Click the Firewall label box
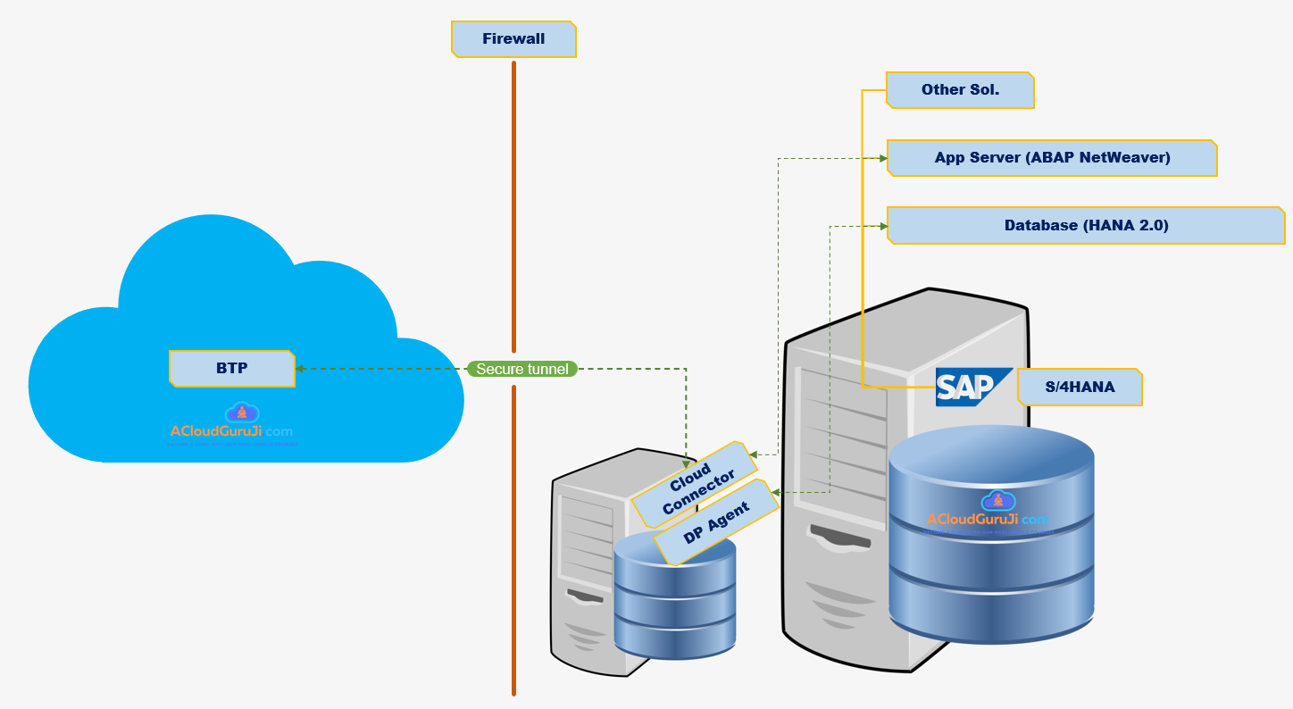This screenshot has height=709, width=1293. tap(513, 39)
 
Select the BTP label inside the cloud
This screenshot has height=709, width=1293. tap(232, 368)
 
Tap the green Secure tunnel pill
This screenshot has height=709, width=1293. tap(522, 369)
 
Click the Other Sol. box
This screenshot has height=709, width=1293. tap(960, 90)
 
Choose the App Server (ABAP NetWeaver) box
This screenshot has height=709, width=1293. tap(1052, 158)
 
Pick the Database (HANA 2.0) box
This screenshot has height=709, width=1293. tap(1086, 226)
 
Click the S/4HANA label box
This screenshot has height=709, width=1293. tap(1080, 388)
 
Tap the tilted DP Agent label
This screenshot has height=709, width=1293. tap(716, 521)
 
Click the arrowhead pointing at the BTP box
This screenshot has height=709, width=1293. tap(300, 368)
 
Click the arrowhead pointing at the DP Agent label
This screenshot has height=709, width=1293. tap(776, 492)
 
